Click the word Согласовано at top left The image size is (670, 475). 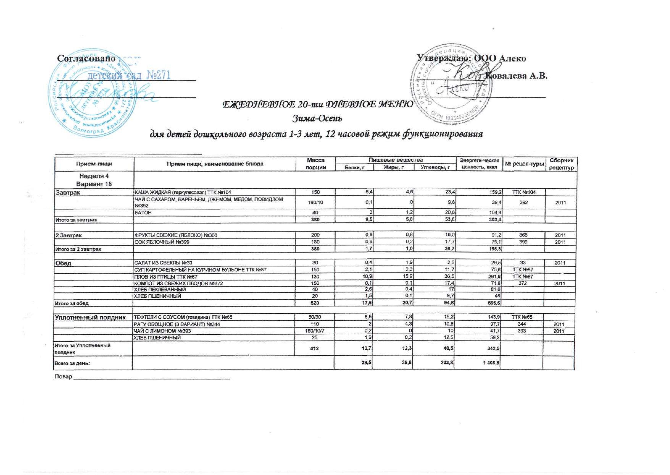[x=86, y=58]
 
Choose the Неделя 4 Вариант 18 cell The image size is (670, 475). [x=94, y=180]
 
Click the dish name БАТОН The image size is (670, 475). [x=143, y=213]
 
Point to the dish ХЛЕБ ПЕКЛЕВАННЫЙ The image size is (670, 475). [x=160, y=289]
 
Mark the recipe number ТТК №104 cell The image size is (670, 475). [x=524, y=192]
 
